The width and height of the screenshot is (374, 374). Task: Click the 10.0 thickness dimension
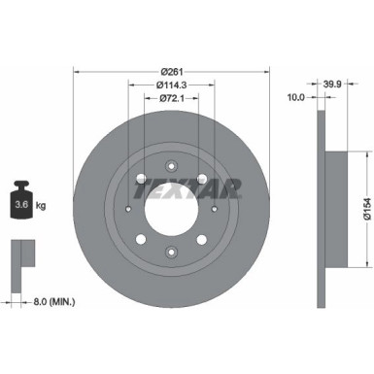(x=297, y=97)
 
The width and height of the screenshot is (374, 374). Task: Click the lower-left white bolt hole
(x=140, y=238)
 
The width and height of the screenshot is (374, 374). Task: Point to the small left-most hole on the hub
(x=127, y=208)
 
